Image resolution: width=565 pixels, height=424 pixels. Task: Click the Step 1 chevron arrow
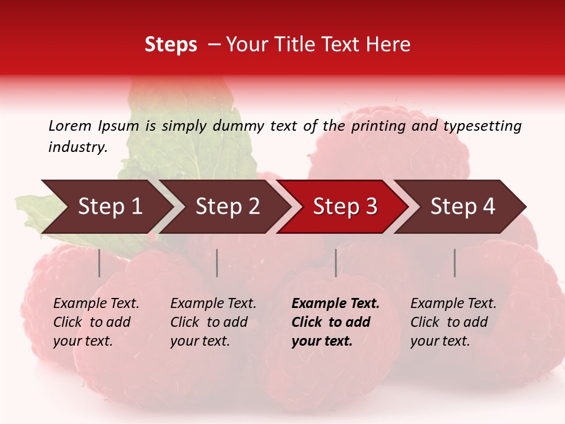[109, 207]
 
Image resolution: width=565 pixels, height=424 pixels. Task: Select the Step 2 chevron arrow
[227, 207]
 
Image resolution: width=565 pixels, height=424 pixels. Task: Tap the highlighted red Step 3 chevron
[344, 207]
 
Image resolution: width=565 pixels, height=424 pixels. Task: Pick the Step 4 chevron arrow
[462, 207]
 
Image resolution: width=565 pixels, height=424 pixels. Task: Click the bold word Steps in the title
[171, 45]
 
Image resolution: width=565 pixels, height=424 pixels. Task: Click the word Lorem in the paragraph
[69, 125]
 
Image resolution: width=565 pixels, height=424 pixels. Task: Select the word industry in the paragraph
[77, 147]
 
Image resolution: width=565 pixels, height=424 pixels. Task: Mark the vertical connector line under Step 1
[99, 263]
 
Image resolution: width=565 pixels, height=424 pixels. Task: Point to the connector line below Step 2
[217, 263]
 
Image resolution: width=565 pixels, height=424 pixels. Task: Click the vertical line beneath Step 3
[335, 263]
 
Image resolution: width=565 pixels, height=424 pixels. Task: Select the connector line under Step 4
[454, 263]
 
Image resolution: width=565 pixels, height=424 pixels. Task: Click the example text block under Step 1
[96, 322]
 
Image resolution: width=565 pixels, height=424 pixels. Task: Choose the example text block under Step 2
[213, 322]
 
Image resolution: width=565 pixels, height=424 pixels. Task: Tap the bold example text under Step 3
[335, 322]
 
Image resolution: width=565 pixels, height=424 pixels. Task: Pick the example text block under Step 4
[453, 322]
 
